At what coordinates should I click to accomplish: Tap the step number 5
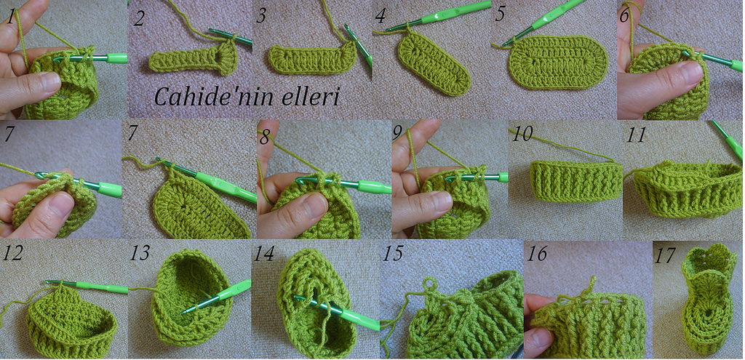point(499,15)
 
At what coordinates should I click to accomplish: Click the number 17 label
point(664,256)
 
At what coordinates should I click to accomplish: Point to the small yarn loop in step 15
point(429,283)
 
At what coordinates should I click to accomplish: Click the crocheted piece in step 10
point(576,180)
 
